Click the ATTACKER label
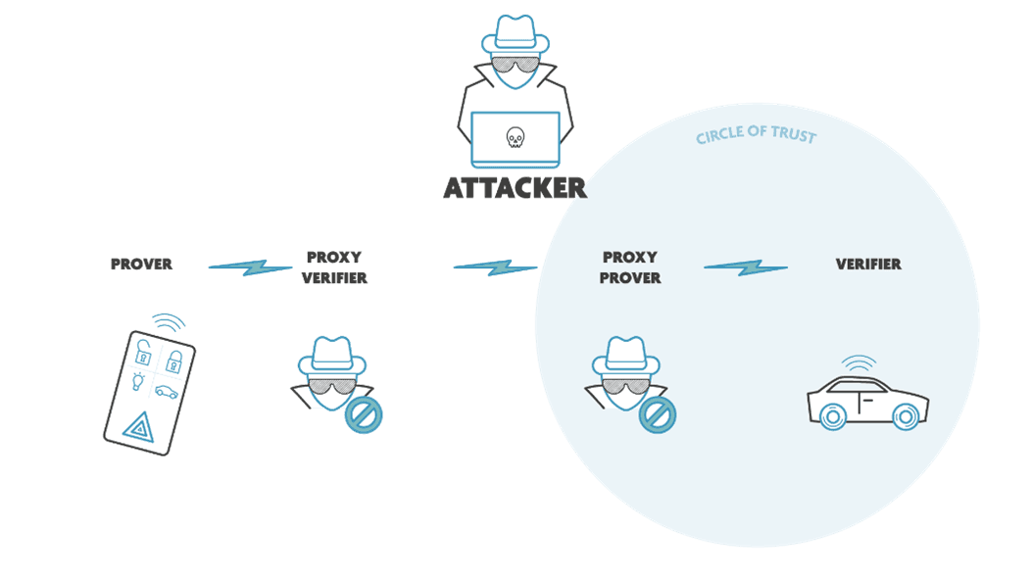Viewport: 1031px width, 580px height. click(515, 186)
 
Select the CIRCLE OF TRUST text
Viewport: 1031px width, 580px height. click(756, 135)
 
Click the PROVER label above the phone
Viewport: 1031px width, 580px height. click(141, 264)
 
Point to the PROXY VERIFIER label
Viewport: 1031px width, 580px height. click(333, 267)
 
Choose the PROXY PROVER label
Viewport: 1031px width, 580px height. click(631, 267)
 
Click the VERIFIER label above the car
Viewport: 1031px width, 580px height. click(868, 264)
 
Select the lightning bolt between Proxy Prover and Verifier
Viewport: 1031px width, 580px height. click(746, 266)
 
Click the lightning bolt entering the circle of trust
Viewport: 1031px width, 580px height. click(496, 266)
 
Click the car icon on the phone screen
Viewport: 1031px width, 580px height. click(167, 391)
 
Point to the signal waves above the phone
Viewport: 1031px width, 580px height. click(168, 322)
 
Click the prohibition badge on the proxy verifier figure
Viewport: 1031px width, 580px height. click(363, 415)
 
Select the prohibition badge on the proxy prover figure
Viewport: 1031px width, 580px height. click(658, 415)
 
